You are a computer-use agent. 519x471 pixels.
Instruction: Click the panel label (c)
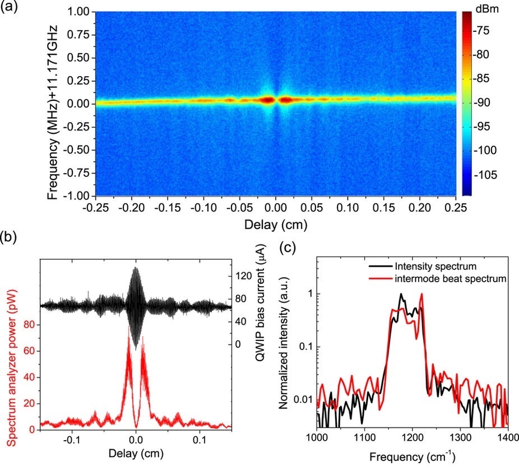point(288,244)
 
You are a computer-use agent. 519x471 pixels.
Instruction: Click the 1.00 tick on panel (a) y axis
point(79,12)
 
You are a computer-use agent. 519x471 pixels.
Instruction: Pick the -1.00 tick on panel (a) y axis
point(78,196)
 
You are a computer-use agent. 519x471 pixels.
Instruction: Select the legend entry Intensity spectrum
point(429,265)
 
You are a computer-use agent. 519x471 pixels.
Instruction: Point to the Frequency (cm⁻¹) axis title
point(412,458)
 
